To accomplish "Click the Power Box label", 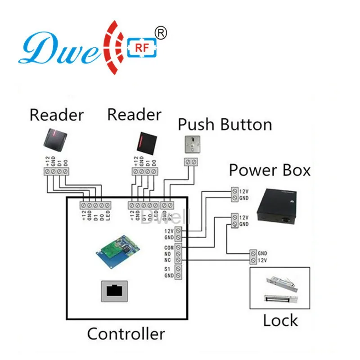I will (270, 171).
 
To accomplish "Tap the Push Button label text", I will (225, 124).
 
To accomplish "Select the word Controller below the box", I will (126, 334).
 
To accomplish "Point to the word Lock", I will (280, 320).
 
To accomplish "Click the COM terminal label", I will (169, 247).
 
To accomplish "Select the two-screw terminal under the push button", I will (191, 162).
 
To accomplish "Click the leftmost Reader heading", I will (56, 115).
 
